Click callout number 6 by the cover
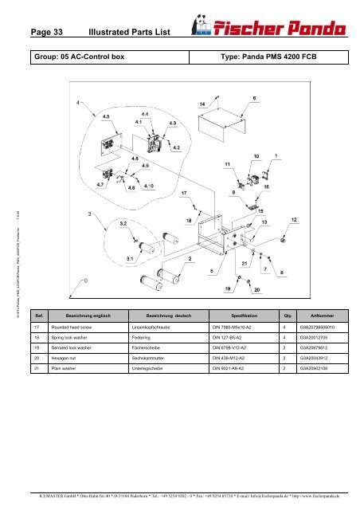(x=253, y=98)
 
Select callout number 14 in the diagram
(x=202, y=104)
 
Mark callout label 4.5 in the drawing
(x=107, y=115)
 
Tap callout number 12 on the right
(x=292, y=219)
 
